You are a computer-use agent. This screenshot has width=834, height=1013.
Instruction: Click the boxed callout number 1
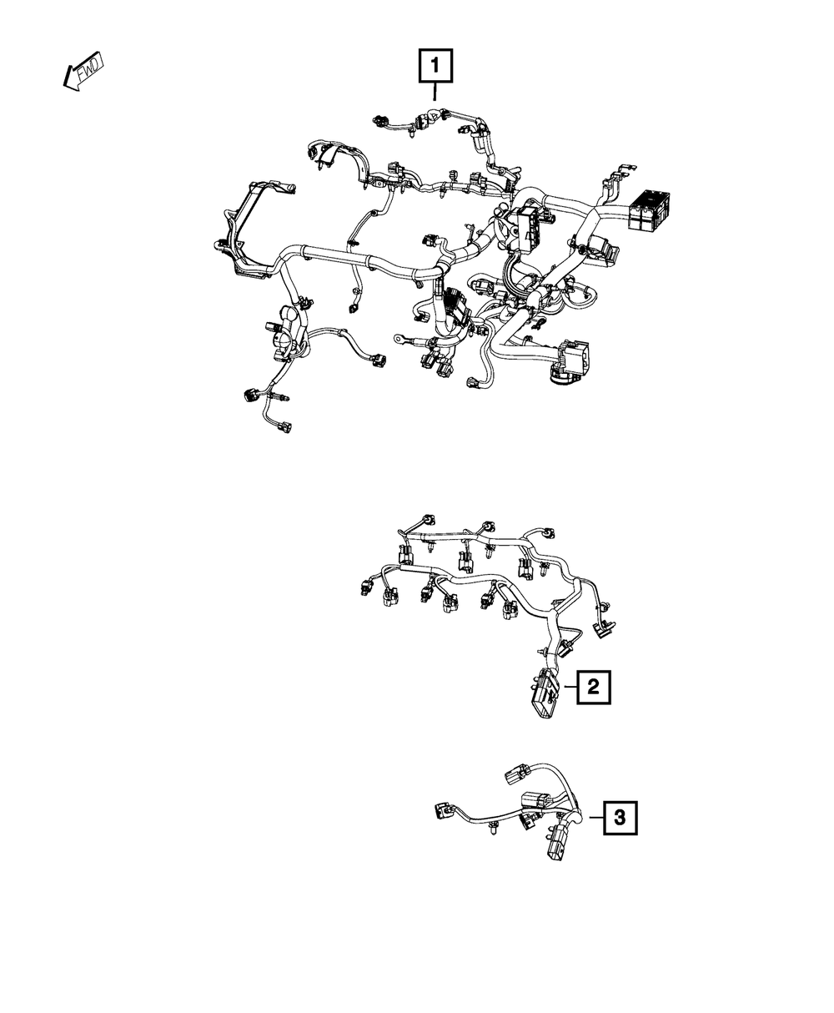(x=435, y=65)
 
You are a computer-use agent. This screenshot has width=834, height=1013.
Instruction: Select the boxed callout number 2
(x=593, y=687)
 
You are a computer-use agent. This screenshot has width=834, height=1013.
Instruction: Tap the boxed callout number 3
(x=620, y=818)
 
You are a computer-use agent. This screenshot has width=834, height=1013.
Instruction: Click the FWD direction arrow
(x=83, y=72)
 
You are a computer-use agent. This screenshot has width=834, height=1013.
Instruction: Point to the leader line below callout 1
(x=435, y=92)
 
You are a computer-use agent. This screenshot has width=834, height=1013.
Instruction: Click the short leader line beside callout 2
(x=570, y=687)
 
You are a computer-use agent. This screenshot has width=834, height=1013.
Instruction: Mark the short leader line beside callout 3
(x=597, y=818)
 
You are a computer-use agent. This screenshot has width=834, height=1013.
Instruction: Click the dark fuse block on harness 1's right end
(x=648, y=209)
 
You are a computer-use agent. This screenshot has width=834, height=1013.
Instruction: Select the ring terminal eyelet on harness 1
(x=399, y=339)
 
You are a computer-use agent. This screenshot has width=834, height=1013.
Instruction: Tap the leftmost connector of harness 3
(x=443, y=809)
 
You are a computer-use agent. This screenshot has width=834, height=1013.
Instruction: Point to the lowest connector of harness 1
(x=284, y=427)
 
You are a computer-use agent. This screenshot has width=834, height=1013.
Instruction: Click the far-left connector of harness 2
(x=367, y=588)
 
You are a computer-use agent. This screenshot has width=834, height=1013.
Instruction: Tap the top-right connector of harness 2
(x=547, y=532)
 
